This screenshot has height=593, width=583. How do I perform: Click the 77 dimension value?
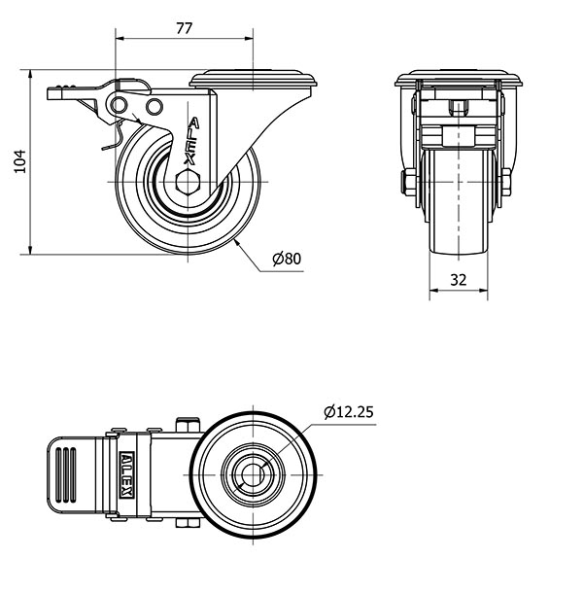(x=184, y=28)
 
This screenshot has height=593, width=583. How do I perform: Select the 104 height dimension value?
(x=20, y=161)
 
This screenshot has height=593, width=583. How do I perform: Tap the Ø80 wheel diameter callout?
(x=287, y=259)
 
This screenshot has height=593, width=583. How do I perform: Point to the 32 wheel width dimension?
(x=459, y=280)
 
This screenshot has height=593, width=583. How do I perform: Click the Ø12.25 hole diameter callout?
(x=349, y=412)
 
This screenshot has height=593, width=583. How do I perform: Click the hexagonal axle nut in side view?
(x=188, y=183)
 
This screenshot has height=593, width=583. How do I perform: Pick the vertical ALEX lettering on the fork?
(x=191, y=141)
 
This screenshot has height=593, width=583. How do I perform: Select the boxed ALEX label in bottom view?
(x=125, y=474)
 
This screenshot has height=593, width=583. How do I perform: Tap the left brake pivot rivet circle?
(x=119, y=104)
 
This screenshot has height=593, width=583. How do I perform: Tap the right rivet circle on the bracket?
(x=154, y=106)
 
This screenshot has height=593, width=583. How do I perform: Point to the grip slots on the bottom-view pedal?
(x=66, y=474)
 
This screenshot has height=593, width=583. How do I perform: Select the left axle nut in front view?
(x=408, y=183)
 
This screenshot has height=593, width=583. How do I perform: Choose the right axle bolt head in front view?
(x=506, y=183)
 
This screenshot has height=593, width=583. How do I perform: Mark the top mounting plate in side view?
(x=253, y=79)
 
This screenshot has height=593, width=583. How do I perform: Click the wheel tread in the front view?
(x=459, y=202)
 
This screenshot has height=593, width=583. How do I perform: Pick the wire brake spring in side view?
(x=115, y=135)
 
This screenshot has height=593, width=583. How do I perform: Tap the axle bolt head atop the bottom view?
(x=188, y=425)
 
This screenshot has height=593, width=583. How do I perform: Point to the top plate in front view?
(x=459, y=79)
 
